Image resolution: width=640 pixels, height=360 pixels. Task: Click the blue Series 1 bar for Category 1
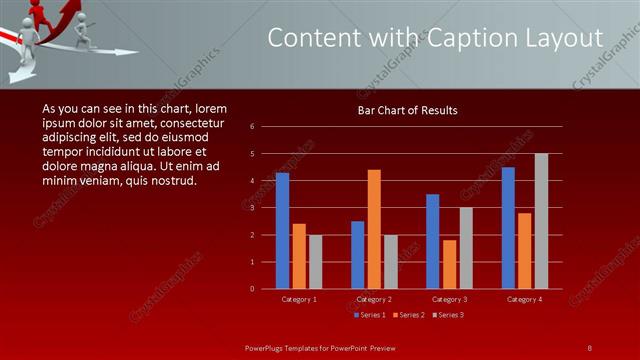click(x=282, y=231)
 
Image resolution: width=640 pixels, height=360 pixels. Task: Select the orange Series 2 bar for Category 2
click(x=374, y=229)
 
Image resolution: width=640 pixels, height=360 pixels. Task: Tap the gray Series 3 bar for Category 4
click(x=541, y=221)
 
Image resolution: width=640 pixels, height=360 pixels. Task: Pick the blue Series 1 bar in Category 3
click(x=432, y=241)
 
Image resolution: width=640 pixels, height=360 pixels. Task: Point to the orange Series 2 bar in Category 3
click(x=449, y=264)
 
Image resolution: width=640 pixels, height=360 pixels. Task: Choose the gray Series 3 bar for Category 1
click(x=315, y=262)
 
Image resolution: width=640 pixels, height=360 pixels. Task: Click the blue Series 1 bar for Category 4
click(x=508, y=228)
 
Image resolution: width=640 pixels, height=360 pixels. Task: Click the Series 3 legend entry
click(x=449, y=315)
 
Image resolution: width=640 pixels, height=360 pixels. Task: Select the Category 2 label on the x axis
click(x=374, y=299)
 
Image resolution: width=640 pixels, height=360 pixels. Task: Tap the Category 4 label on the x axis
click(x=524, y=299)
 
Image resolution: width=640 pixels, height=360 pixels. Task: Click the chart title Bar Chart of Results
click(x=407, y=111)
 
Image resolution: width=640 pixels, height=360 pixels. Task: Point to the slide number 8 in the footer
click(x=589, y=347)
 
